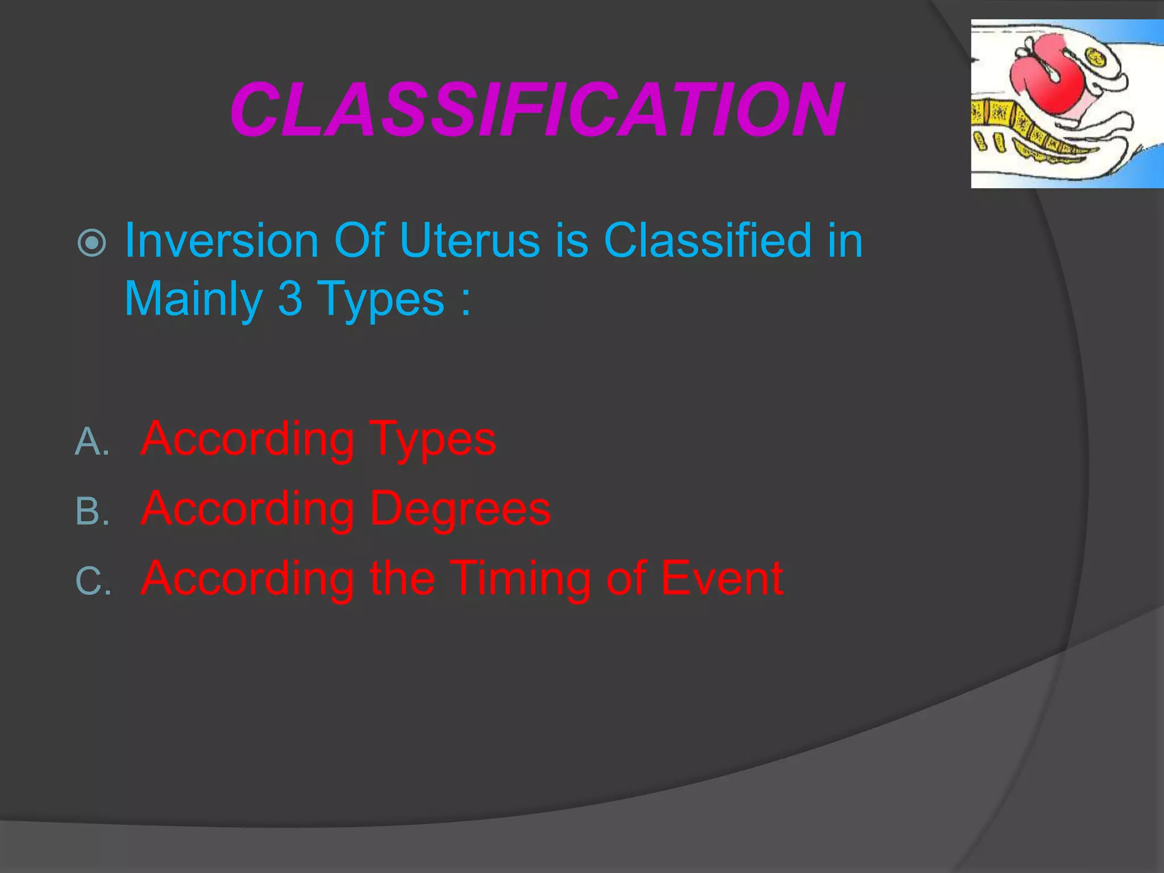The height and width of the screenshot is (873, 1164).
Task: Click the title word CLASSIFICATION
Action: [536, 109]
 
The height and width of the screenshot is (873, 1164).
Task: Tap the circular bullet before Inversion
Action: [92, 243]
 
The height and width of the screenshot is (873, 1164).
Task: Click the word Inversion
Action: [221, 240]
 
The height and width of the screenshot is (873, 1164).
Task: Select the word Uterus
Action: [469, 240]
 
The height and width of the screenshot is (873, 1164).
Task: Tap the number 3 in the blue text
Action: [290, 299]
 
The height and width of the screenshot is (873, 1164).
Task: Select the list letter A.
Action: [91, 442]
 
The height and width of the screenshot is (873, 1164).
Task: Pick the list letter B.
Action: [91, 511]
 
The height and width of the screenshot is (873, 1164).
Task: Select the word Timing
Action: [521, 579]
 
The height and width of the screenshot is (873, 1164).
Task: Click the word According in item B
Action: [248, 509]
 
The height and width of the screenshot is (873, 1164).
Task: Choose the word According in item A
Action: [248, 439]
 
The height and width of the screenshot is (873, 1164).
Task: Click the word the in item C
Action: [402, 578]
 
